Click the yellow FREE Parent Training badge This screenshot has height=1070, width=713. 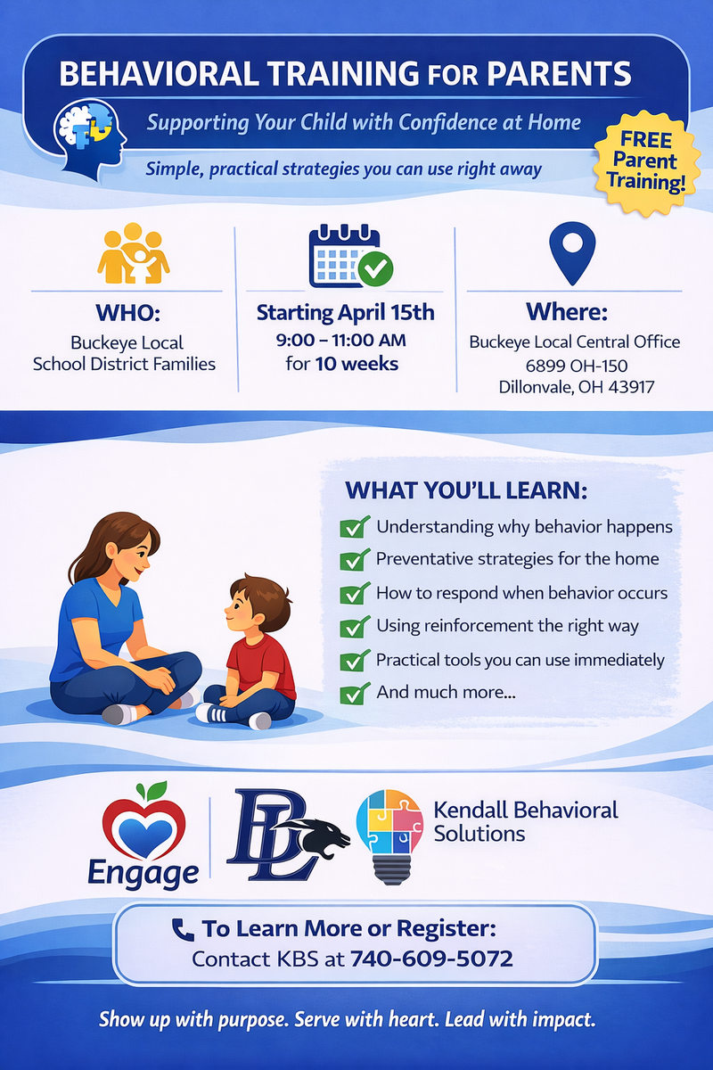pos(649,161)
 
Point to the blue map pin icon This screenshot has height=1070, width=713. pos(571,250)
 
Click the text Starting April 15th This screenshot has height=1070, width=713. pos(346,312)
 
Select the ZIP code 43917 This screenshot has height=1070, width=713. pos(631,387)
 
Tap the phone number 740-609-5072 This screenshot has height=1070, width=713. pos(432,959)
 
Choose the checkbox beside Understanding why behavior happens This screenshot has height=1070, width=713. pos(356,527)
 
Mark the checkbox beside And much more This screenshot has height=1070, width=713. pos(356,692)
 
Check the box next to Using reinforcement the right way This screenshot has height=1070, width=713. pos(356,626)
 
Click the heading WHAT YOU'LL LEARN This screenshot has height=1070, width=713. pos(466,491)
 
